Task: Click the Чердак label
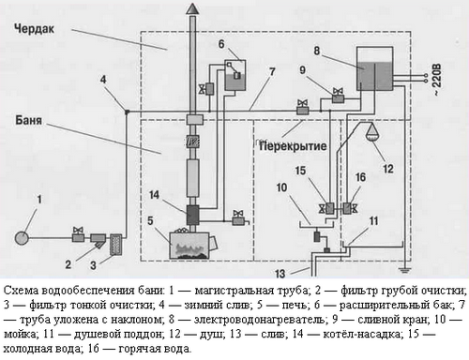pyautogui.click(x=34, y=29)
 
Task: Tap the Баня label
pyautogui.click(x=29, y=120)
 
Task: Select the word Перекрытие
pyautogui.click(x=293, y=146)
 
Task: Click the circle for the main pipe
pyautogui.click(x=22, y=238)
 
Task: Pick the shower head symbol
pyautogui.click(x=372, y=132)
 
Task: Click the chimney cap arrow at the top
pyautogui.click(x=192, y=8)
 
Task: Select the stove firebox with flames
pyautogui.click(x=189, y=246)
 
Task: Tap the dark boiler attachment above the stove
pyautogui.click(x=192, y=215)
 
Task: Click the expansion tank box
pyautogui.click(x=235, y=75)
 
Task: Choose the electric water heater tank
pyautogui.click(x=375, y=68)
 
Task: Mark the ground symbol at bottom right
pyautogui.click(x=405, y=270)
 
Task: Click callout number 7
pyautogui.click(x=272, y=71)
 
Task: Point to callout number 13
pyautogui.click(x=280, y=274)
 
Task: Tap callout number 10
pyautogui.click(x=281, y=187)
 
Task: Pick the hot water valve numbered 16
pyautogui.click(x=350, y=208)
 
